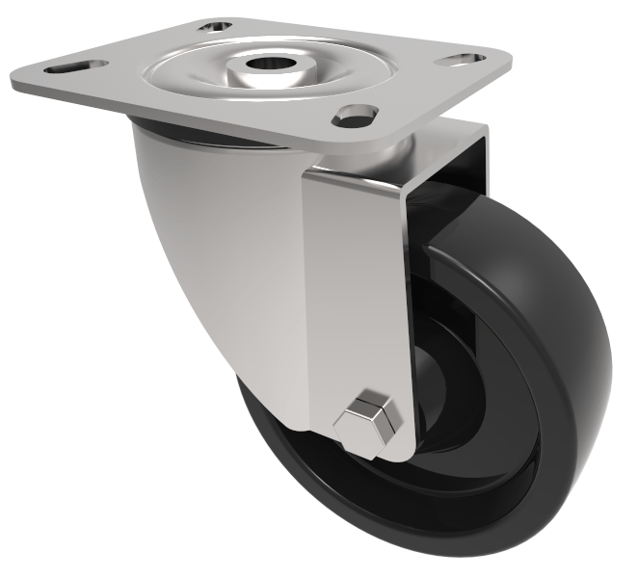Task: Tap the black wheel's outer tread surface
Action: click(x=569, y=337)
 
